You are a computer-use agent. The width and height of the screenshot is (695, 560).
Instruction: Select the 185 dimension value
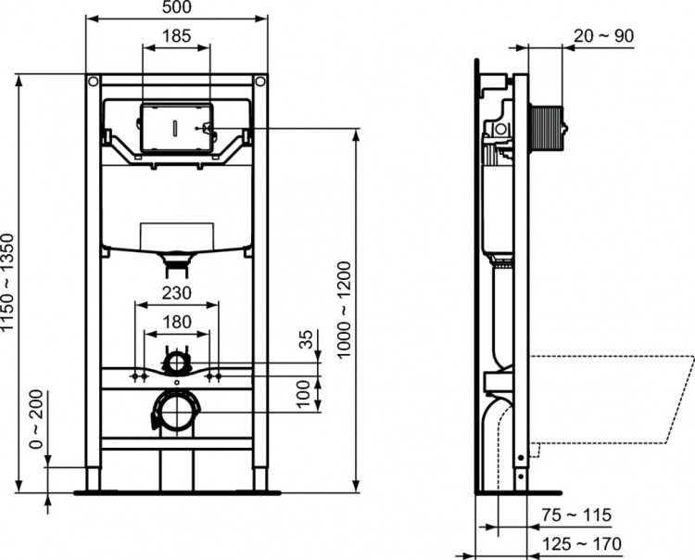coord(176,36)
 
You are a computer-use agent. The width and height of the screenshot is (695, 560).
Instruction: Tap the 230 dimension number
coord(177,292)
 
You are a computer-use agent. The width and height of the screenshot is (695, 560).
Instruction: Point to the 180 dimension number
coord(177,322)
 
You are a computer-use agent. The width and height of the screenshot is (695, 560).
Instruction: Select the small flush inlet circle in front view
coord(175,362)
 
